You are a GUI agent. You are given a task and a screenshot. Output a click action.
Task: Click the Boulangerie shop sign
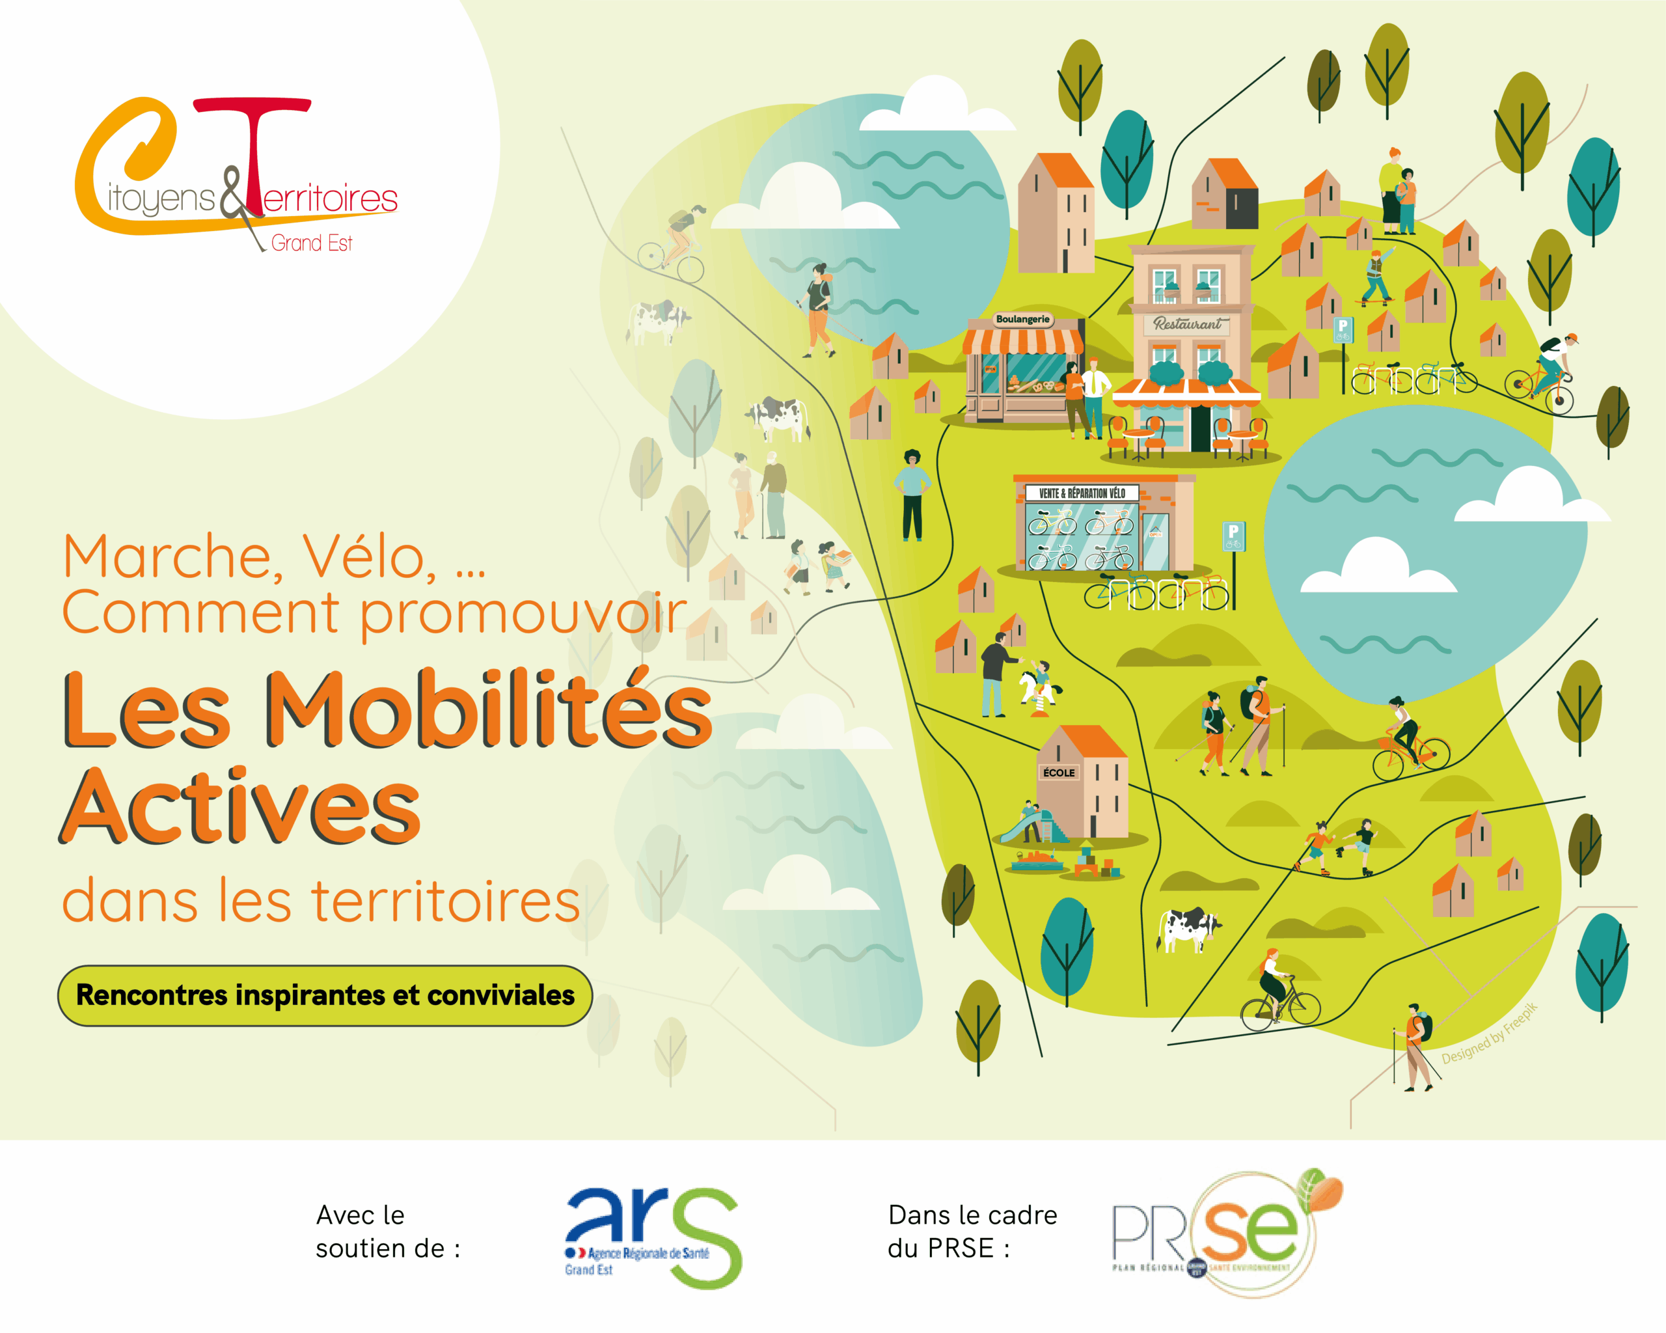point(1022,319)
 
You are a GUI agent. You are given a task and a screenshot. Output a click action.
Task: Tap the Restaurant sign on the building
point(1188,323)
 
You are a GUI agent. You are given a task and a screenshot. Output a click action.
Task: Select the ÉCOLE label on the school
point(1059,773)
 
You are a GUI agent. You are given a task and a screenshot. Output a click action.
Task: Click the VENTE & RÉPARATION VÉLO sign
point(1082,493)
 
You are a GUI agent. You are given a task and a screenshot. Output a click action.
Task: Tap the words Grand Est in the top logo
point(312,243)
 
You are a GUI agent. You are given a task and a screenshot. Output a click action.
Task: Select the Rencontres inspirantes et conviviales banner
point(325,995)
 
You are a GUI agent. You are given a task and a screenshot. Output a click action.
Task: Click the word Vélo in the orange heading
point(368,557)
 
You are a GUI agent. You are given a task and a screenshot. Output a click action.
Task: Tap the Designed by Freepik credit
point(1489,1034)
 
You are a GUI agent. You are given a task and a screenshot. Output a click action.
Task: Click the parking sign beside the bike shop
point(1233,535)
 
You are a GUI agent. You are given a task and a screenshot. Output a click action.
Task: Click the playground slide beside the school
point(1024,827)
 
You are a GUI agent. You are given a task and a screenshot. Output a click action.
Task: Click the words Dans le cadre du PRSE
point(972,1231)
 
